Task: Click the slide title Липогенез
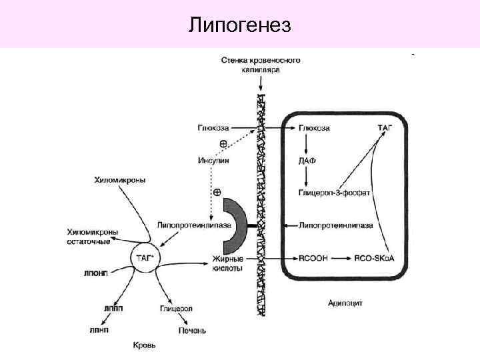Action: pyautogui.click(x=240, y=25)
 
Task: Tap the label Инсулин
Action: pyautogui.click(x=213, y=161)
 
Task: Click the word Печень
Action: pyautogui.click(x=191, y=330)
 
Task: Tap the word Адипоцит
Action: pyautogui.click(x=345, y=302)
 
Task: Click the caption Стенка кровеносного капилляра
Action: pyautogui.click(x=261, y=64)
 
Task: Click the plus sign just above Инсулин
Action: pyautogui.click(x=223, y=144)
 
